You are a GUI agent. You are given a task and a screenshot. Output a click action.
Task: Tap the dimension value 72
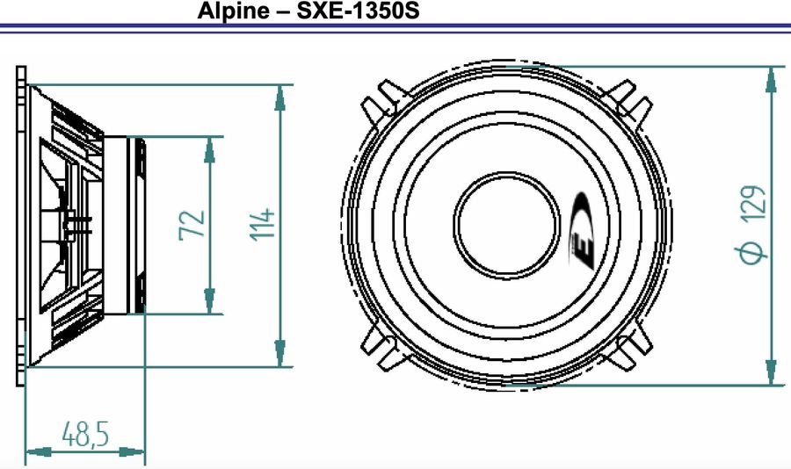(194, 224)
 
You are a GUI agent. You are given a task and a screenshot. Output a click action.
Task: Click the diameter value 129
(754, 202)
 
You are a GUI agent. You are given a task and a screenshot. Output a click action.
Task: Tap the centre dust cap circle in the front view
(505, 223)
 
